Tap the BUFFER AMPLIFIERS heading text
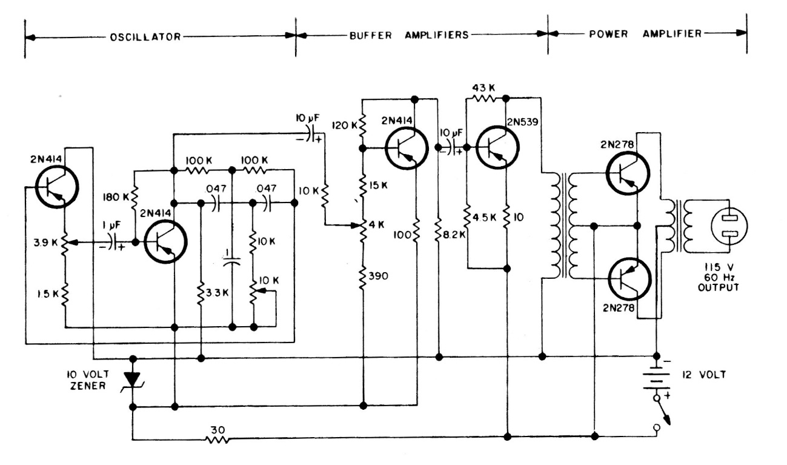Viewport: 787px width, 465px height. tap(409, 35)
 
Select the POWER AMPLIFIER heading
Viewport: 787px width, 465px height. tap(645, 35)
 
